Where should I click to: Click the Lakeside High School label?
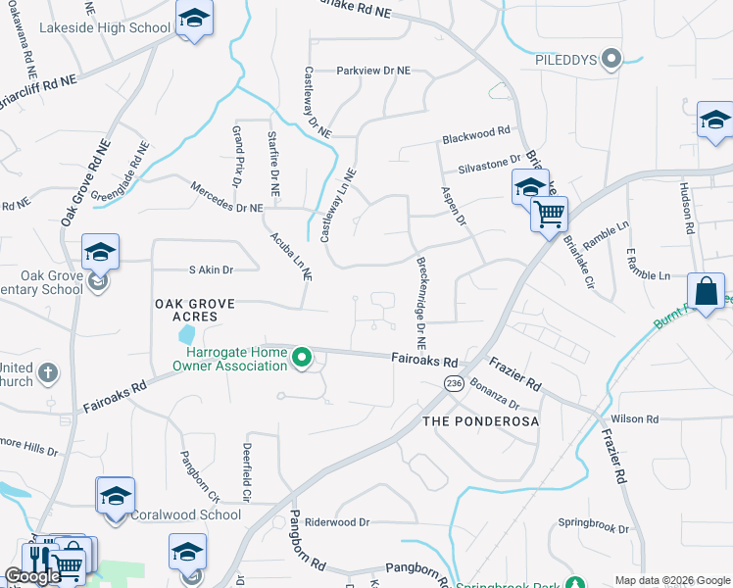click(105, 27)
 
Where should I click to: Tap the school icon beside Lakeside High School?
click(194, 19)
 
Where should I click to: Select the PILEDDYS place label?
click(566, 60)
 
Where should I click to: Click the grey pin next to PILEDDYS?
click(612, 59)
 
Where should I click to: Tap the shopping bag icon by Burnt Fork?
click(706, 290)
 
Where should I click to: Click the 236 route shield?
click(452, 382)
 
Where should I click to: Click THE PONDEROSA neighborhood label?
click(481, 420)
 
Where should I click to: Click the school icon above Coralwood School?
click(115, 495)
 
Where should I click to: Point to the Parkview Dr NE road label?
click(373, 71)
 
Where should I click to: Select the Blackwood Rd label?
click(476, 131)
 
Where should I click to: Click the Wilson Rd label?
click(638, 419)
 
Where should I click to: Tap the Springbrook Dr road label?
click(594, 528)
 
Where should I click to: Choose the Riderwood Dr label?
click(336, 523)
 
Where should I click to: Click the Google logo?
click(32, 576)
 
